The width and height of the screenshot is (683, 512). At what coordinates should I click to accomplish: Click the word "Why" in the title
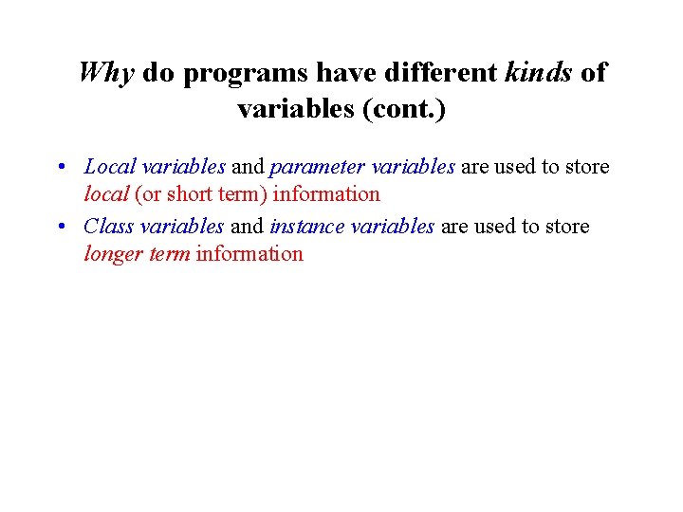tap(107, 74)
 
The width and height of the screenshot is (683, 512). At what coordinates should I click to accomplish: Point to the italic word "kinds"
tap(538, 72)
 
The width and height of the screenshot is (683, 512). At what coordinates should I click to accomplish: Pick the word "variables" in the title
tap(296, 110)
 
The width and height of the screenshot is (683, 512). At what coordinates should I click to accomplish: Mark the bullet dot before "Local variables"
tap(60, 168)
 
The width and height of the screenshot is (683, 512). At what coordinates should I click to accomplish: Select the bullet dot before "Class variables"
tap(60, 228)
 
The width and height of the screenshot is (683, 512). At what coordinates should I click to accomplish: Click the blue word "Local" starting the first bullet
tap(110, 167)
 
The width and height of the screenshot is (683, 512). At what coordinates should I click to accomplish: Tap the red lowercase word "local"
tap(106, 194)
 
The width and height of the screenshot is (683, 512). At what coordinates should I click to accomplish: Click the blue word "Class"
tap(108, 227)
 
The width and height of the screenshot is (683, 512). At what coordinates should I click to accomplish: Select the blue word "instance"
tap(307, 227)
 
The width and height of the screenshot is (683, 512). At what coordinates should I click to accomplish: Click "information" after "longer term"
tap(249, 253)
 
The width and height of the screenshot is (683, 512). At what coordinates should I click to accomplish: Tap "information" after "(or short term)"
tap(326, 194)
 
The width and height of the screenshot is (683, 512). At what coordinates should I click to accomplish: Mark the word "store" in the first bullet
tap(587, 167)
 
